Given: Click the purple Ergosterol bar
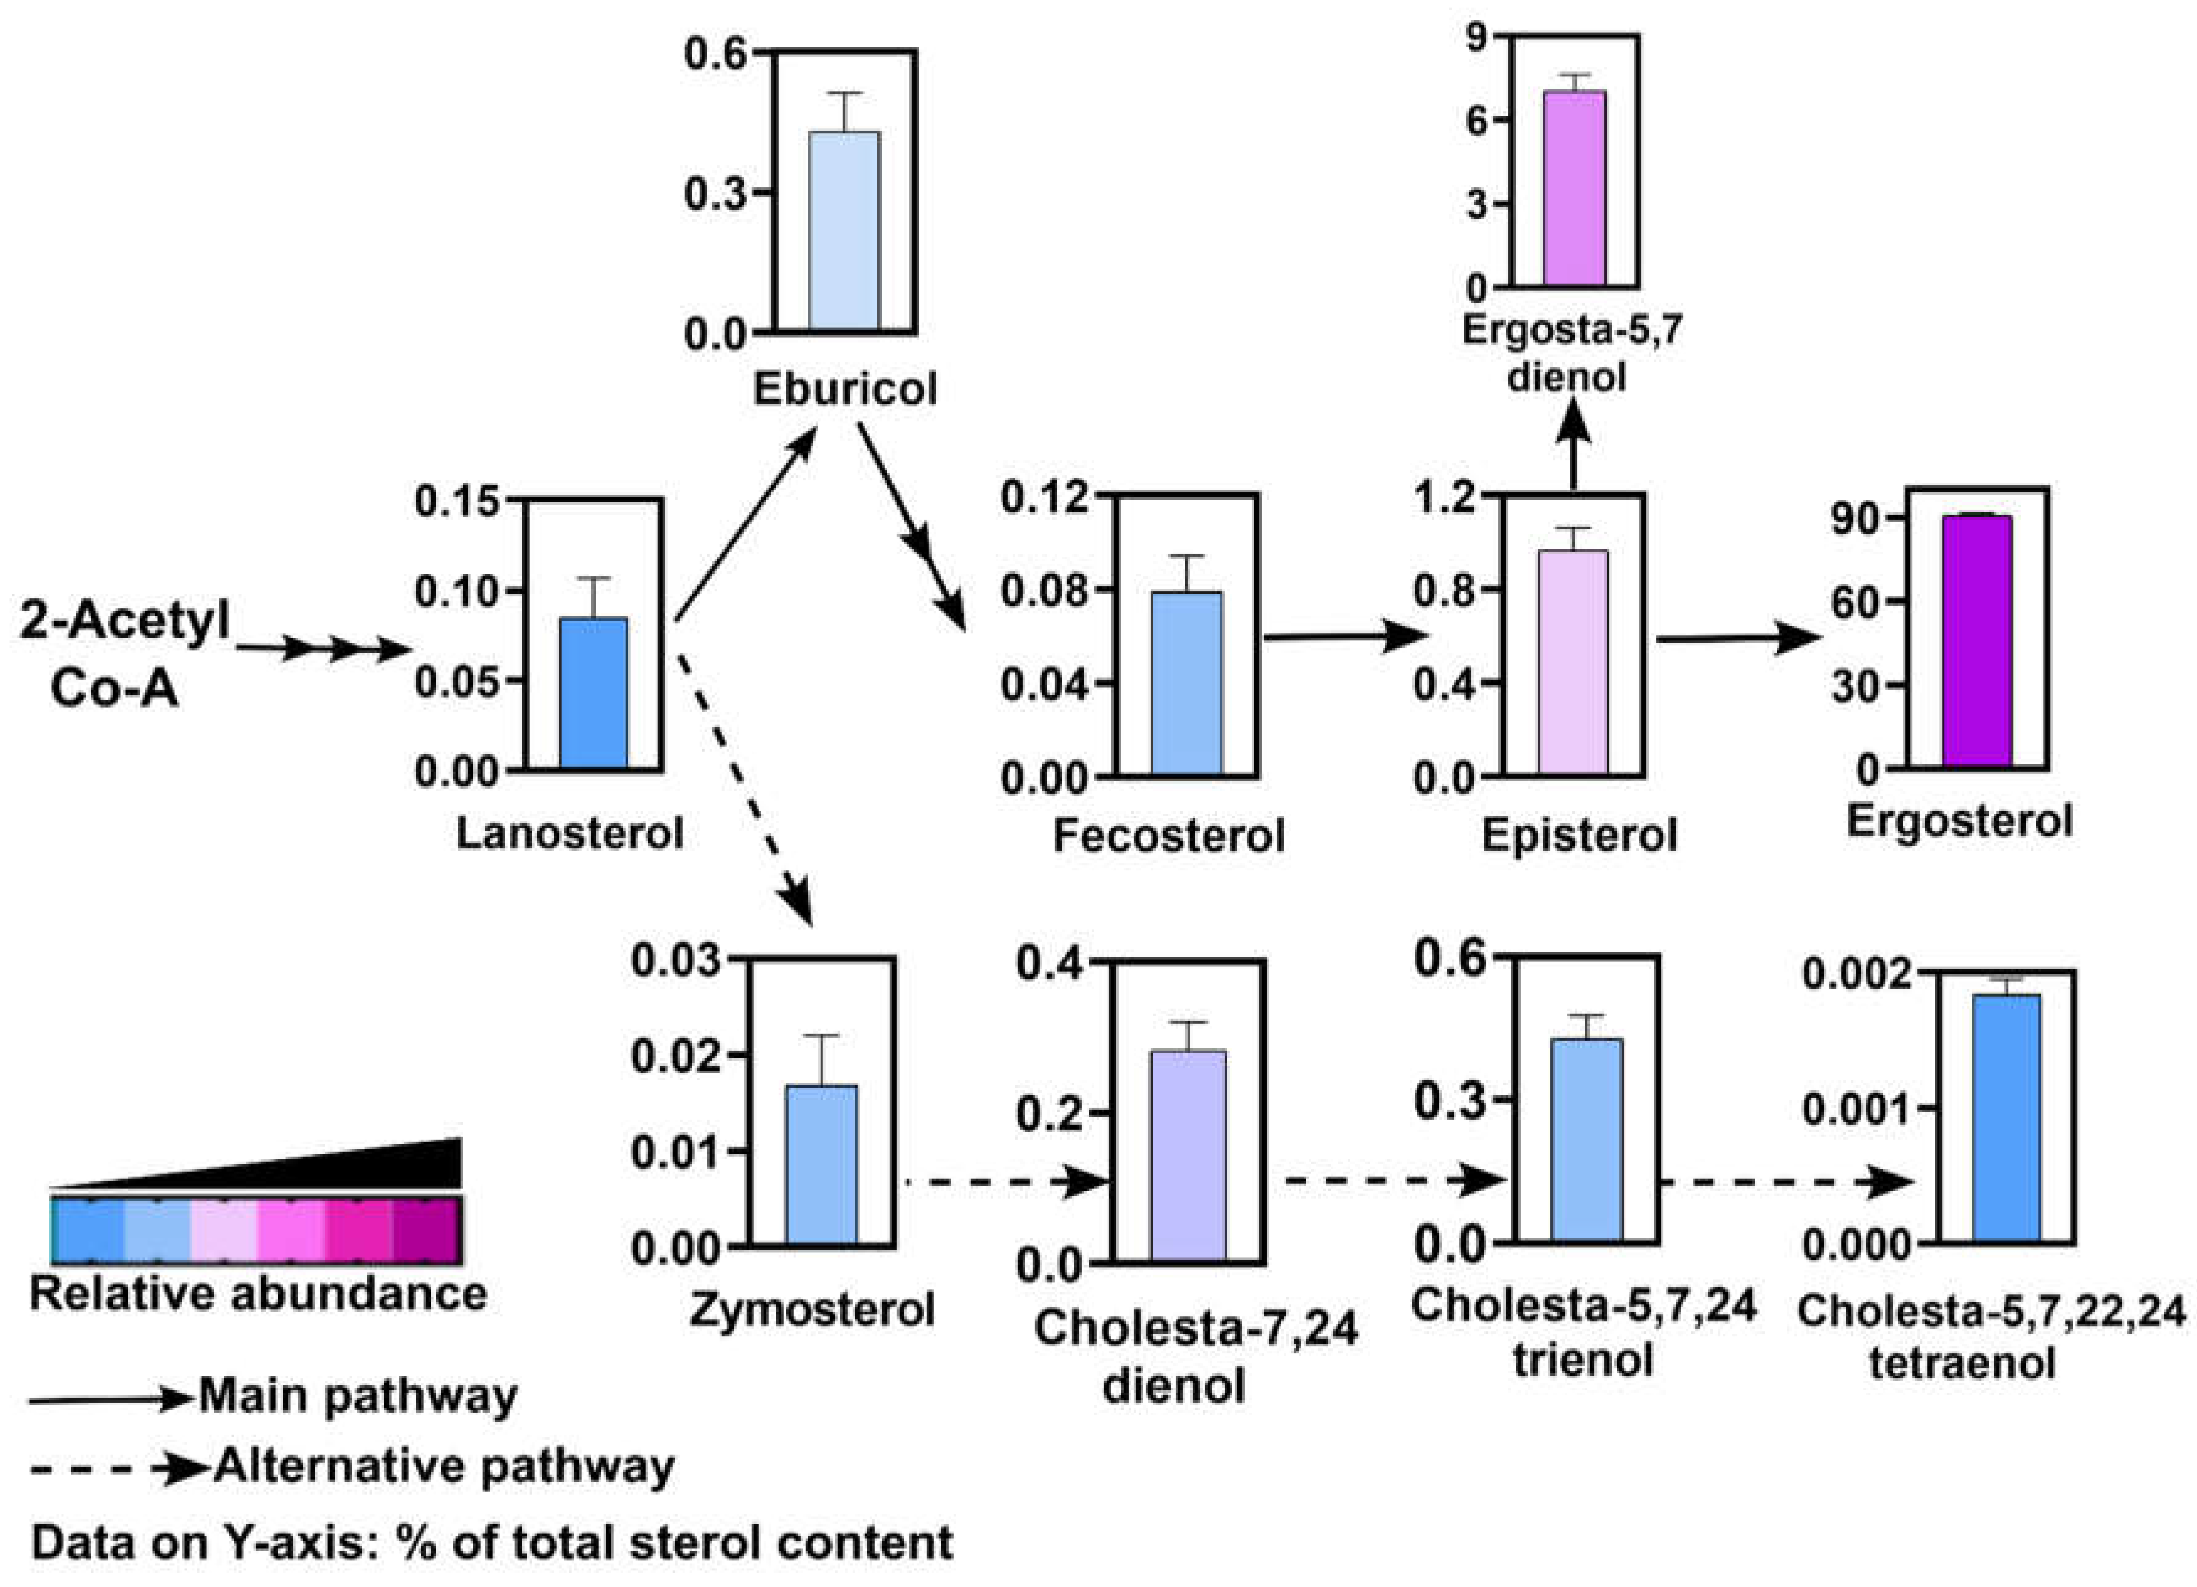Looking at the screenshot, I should click(1977, 642).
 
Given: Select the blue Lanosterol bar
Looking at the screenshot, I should click(594, 693).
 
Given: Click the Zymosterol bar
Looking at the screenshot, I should click(821, 1165).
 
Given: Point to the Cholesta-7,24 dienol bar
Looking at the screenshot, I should click(1188, 1155).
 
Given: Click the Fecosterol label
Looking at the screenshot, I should click(1168, 835).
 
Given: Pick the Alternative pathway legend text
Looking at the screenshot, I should click(444, 1465).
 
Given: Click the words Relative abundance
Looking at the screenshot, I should click(258, 1294).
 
